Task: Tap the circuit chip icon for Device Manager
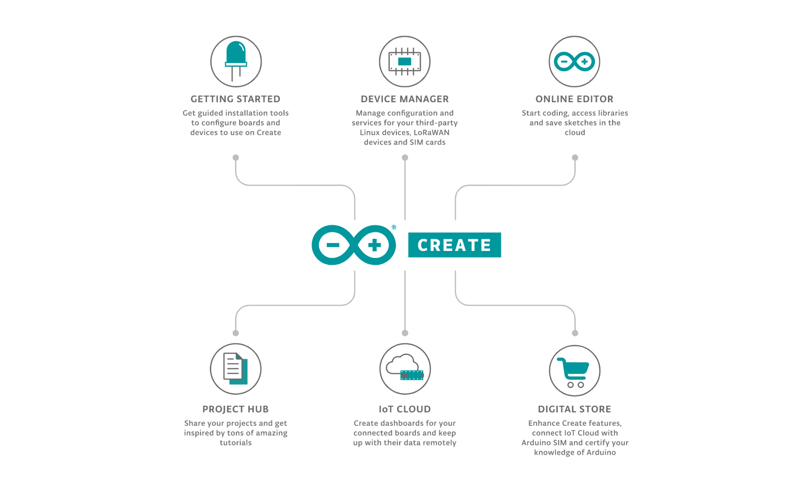pos(405,61)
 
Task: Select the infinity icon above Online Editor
pos(574,61)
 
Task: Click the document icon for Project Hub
pos(236,369)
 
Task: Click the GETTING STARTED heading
pos(235,99)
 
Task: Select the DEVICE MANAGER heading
pos(405,99)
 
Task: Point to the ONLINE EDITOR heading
pos(574,99)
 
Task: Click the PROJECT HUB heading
pos(235,409)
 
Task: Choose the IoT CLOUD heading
pos(405,409)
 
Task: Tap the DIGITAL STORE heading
pos(574,409)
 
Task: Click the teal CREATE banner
pos(454,245)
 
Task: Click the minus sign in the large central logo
pos(333,245)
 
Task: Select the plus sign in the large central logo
pos(374,245)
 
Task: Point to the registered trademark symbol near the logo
pos(394,227)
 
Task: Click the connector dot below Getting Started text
pos(236,157)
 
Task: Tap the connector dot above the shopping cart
pos(575,333)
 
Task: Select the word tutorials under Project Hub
pos(235,442)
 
